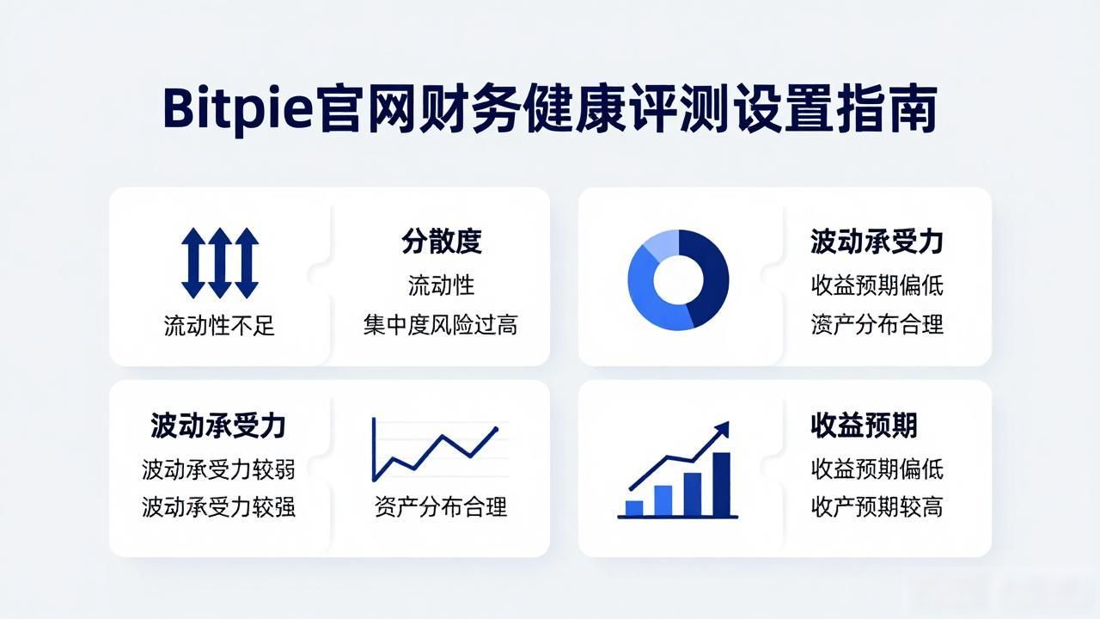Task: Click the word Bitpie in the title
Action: click(237, 109)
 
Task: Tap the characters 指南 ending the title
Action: click(887, 109)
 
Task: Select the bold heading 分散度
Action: click(441, 242)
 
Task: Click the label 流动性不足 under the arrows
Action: click(219, 325)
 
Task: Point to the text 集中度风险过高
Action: click(441, 325)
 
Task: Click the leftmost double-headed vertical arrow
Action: click(193, 263)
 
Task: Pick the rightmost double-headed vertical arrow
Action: click(247, 263)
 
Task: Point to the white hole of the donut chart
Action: click(679, 280)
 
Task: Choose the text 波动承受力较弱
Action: click(218, 469)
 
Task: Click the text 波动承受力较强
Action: click(218, 506)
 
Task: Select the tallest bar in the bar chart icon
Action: click(721, 484)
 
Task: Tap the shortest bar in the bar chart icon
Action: click(634, 508)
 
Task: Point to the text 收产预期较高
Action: click(877, 506)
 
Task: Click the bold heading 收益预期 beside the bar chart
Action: click(864, 426)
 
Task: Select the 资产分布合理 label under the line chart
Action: click(441, 506)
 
